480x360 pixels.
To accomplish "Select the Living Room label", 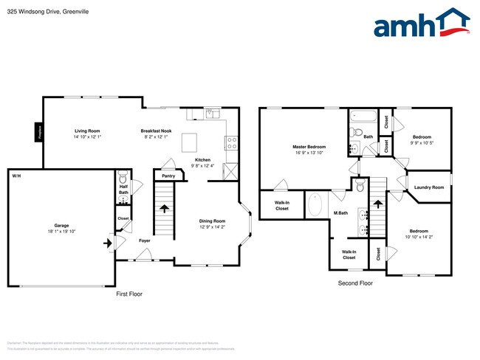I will (x=87, y=131).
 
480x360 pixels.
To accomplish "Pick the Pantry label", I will (x=168, y=176).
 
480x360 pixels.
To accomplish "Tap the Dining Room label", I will (x=213, y=221).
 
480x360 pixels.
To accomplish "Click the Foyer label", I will (x=145, y=240).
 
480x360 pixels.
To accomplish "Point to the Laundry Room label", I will (x=428, y=187).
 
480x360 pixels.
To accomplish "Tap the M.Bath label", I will (x=340, y=214).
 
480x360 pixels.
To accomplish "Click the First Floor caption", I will (x=129, y=294).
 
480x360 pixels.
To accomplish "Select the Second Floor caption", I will (x=355, y=283).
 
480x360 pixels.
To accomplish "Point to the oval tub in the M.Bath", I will (x=315, y=204).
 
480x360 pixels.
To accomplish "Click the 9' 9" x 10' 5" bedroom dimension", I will (x=422, y=142).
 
